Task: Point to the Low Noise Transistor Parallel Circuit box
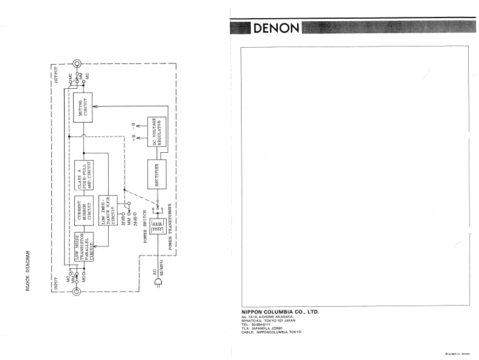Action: [x=82, y=248]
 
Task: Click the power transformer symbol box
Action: [x=159, y=228]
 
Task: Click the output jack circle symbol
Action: [x=77, y=63]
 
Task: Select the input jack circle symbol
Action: [x=77, y=293]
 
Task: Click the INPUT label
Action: [x=56, y=284]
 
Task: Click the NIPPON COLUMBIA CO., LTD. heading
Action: [x=276, y=312]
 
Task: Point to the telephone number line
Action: [x=254, y=324]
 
